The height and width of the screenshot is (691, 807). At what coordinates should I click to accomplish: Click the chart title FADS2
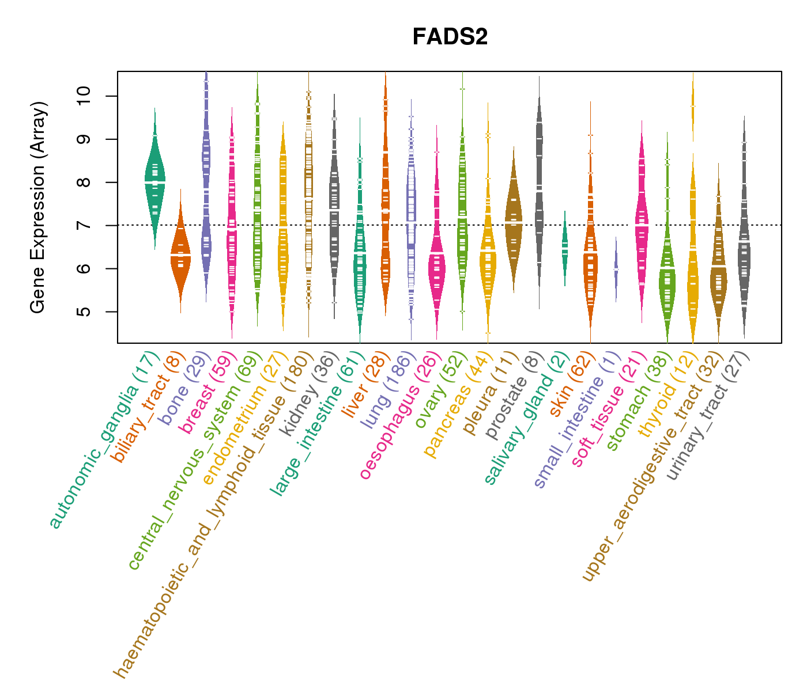(450, 37)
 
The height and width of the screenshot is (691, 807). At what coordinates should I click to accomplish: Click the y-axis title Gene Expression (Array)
(38, 207)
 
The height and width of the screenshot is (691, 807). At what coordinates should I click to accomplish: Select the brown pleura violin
(513, 219)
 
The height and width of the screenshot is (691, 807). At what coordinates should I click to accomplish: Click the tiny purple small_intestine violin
(616, 269)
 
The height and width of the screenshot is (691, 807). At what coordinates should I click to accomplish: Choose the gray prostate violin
(539, 190)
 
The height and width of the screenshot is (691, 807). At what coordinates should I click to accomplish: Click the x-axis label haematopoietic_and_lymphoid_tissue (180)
(213, 512)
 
